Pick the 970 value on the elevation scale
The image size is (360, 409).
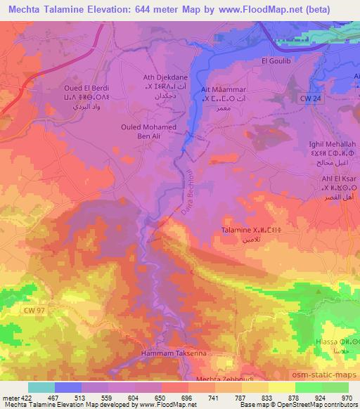[347, 398]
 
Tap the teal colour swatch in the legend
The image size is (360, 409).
[41, 387]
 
